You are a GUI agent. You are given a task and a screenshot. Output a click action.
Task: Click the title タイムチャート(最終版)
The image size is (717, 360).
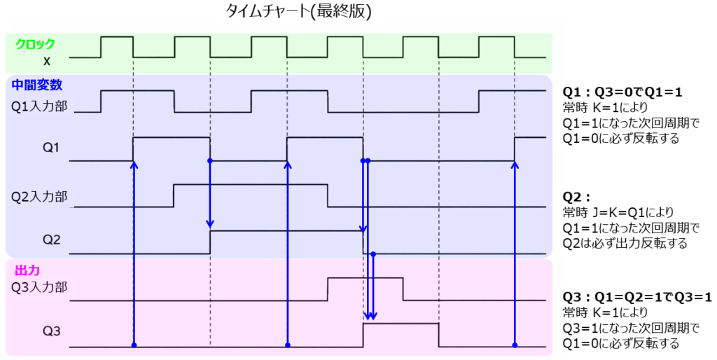[298, 12]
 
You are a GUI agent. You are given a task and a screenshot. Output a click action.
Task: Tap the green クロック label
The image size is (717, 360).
[35, 43]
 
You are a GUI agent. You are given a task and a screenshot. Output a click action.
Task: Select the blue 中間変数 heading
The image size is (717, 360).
[37, 85]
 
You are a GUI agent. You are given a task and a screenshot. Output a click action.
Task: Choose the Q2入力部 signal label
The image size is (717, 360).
[39, 196]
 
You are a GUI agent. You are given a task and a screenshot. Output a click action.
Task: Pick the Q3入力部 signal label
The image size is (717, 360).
[39, 286]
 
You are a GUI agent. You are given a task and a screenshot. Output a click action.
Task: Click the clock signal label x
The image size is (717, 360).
[46, 62]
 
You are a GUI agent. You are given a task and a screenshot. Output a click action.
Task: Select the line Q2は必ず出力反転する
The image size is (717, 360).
[625, 244]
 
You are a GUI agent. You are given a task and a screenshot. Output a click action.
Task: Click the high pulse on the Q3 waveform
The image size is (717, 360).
[401, 324]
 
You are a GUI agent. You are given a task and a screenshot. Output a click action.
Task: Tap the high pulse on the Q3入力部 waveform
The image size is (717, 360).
[365, 279]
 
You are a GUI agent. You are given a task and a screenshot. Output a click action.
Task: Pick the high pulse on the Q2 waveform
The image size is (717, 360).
[286, 231]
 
